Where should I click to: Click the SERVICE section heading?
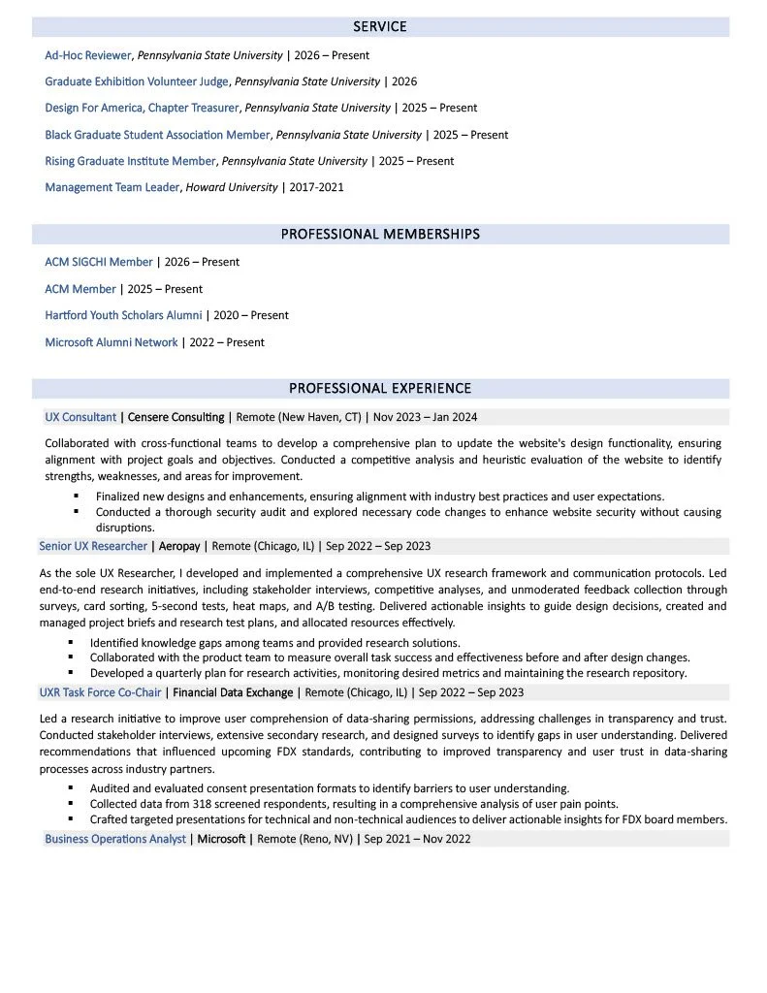(x=379, y=27)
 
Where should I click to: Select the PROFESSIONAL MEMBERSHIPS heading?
(x=380, y=235)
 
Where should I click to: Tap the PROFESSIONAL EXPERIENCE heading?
(x=380, y=389)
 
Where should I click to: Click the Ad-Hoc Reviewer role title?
(x=88, y=55)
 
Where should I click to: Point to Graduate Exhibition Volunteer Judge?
(x=137, y=81)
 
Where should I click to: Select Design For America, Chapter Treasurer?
(x=144, y=108)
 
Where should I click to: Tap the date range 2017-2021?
(x=316, y=187)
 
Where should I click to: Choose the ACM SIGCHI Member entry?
(x=99, y=262)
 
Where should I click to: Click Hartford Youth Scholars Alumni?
(x=123, y=315)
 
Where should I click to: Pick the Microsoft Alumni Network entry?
(x=112, y=342)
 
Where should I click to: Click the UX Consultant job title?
(x=80, y=417)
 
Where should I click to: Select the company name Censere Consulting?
(x=176, y=417)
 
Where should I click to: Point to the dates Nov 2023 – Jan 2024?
(x=425, y=417)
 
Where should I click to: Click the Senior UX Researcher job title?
(x=93, y=546)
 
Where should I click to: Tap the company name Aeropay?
(x=179, y=546)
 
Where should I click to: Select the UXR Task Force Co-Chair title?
(x=100, y=692)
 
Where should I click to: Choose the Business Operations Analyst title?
(x=115, y=839)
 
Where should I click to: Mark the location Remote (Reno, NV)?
(x=304, y=839)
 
